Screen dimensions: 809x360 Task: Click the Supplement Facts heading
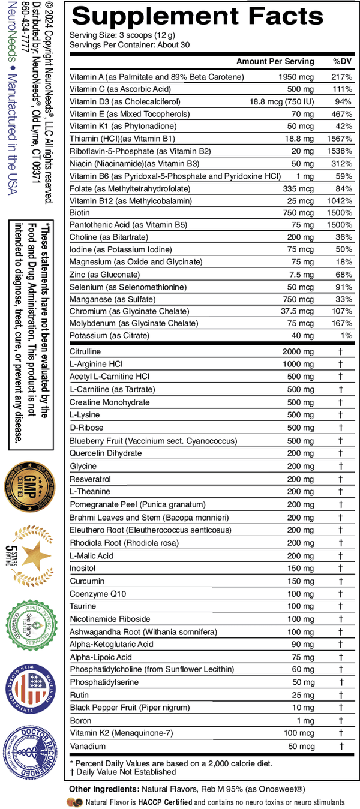pos(197,16)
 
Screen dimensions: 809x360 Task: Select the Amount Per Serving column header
pos(275,61)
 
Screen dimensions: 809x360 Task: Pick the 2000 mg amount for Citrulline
pos(298,351)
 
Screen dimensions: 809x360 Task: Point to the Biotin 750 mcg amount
pos(298,213)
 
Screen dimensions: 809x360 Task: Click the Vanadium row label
pos(88,746)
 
